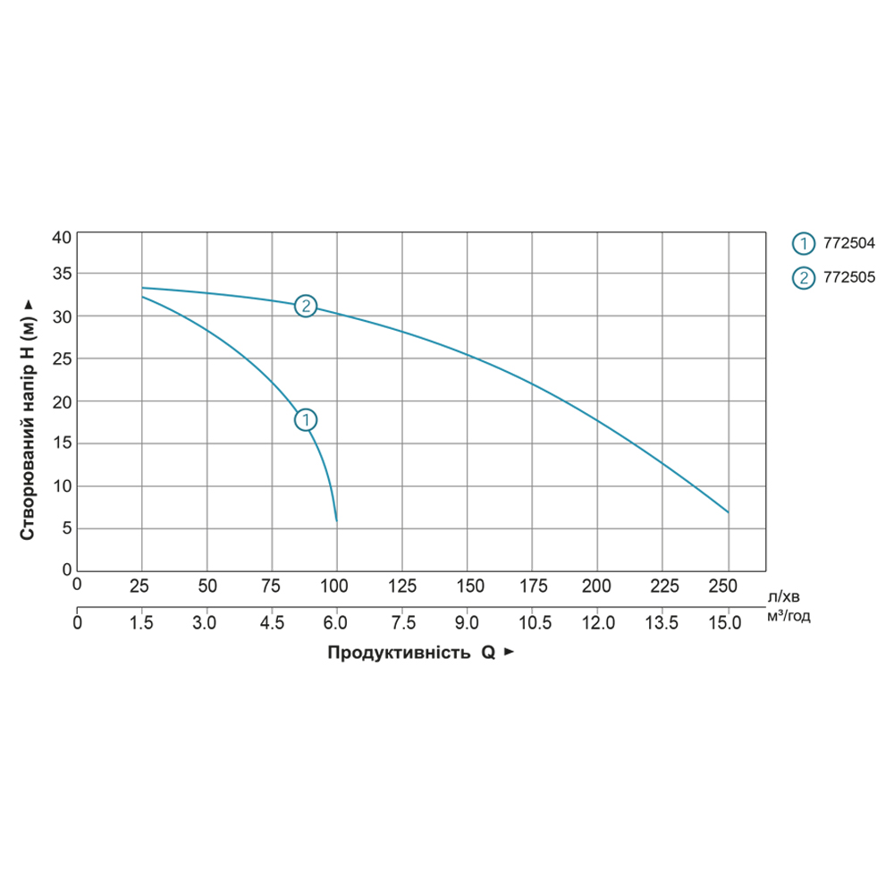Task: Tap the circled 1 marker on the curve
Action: [306, 419]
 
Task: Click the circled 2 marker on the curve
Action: [306, 306]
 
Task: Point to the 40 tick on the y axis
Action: [61, 238]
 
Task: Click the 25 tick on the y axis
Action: [61, 358]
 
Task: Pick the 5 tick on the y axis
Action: [64, 528]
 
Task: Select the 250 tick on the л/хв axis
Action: [721, 586]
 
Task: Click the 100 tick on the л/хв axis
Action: [335, 586]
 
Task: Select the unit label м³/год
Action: [788, 616]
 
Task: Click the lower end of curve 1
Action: [336, 520]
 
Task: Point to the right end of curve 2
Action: [729, 512]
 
